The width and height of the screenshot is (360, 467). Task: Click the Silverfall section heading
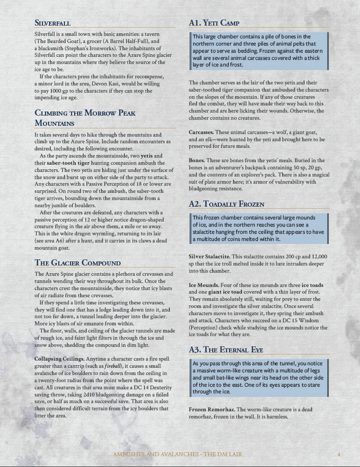pyautogui.click(x=52, y=23)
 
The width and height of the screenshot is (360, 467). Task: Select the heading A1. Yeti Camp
pyautogui.click(x=214, y=23)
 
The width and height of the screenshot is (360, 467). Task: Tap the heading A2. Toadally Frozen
pyautogui.click(x=226, y=204)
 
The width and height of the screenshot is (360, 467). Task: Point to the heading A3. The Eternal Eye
pyautogui.click(x=226, y=349)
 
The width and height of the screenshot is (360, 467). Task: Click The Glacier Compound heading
pyautogui.click(x=77, y=263)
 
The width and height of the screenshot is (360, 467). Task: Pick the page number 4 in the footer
pyautogui.click(x=339, y=454)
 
